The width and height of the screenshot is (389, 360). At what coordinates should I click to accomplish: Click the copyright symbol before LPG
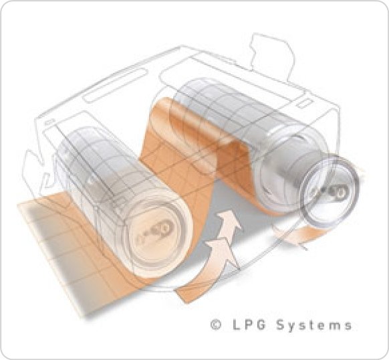point(216,325)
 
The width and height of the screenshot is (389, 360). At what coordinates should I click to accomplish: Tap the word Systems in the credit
point(314,325)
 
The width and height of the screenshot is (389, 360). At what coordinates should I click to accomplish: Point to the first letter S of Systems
point(280,325)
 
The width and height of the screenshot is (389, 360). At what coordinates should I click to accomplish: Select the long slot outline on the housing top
point(116,85)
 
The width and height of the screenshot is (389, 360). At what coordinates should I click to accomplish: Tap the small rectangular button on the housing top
point(305,103)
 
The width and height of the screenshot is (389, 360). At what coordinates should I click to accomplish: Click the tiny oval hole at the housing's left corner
point(49,122)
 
